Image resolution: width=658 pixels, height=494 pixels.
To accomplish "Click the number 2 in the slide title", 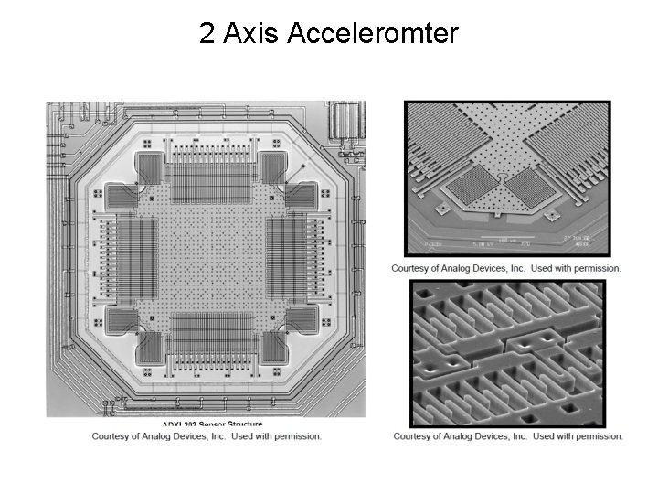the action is pos(207,34).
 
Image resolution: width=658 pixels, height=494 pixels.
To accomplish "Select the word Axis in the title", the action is pos(250,34).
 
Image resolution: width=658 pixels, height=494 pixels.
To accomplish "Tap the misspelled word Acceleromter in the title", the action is pos(372,34).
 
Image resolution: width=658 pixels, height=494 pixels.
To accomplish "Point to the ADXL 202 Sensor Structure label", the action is pos(213,424).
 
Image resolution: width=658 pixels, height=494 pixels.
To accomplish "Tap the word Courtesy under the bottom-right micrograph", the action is pos(416,436).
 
